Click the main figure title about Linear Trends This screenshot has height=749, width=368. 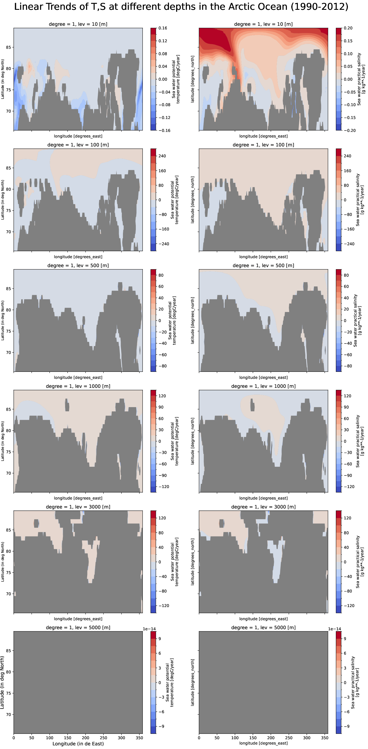pos(181,7)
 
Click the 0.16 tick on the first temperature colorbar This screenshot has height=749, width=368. pos(163,28)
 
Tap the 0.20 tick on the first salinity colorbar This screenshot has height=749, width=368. pos(348,28)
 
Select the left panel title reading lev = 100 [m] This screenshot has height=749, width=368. pos(78,145)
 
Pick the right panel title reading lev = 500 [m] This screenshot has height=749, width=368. pos(263,265)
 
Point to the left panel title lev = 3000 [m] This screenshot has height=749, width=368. pos(78,507)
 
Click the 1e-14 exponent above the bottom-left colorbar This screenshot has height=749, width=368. pos(149,629)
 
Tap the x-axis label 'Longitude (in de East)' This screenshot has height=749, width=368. pos(78,743)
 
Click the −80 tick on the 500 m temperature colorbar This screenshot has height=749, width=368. pos(162,366)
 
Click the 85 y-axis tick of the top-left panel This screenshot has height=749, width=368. pos(8,47)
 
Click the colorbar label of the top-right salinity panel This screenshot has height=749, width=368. pos(361,79)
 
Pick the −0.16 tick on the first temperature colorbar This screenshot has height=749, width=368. pos(164,130)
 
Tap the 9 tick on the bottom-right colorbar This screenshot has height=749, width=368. pos(345,639)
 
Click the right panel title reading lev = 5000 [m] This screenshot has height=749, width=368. pos(263,627)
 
